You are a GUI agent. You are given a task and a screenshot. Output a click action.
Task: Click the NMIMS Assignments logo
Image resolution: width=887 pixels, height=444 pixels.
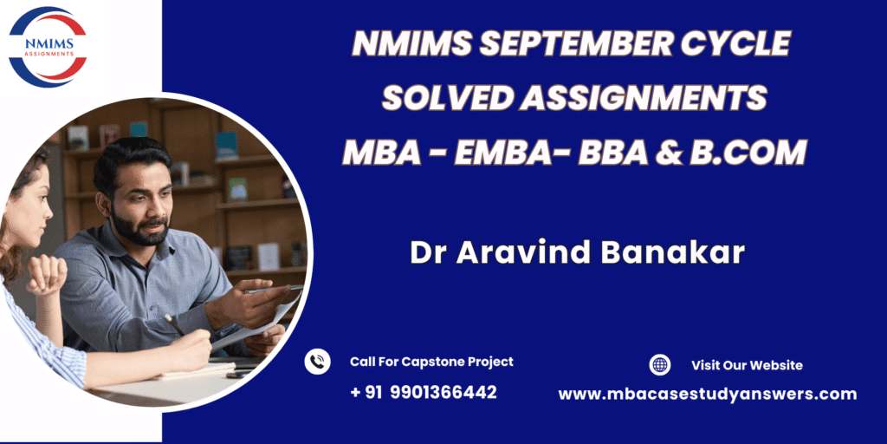coord(48,47)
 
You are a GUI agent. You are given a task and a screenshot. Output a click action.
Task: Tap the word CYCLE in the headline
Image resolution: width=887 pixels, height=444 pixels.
coord(735,43)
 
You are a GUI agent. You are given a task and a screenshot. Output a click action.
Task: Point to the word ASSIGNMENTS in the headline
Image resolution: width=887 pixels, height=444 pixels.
coord(644,98)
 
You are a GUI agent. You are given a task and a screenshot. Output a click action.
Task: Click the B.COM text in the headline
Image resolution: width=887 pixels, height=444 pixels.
coord(748,153)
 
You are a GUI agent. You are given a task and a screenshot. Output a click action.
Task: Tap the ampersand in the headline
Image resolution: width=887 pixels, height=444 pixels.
coord(669,153)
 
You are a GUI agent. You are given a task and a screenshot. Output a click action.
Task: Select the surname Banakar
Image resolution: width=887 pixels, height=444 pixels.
coord(672,252)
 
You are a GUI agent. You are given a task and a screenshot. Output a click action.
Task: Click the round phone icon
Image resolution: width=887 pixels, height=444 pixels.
coord(317,362)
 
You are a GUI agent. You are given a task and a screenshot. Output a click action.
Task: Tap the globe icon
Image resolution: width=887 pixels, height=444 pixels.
coord(659,365)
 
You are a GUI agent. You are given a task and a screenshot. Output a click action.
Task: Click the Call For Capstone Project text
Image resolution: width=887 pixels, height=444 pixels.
coord(431,362)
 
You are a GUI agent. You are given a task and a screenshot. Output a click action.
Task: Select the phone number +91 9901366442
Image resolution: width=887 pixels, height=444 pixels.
coord(423,392)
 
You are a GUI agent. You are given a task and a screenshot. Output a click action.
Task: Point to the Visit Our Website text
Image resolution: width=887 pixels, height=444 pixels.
coord(747,365)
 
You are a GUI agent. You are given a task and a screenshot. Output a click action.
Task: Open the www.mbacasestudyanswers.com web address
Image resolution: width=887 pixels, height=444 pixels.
coord(708,395)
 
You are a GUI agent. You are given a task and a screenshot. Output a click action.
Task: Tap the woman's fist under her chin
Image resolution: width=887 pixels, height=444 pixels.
coord(46,275)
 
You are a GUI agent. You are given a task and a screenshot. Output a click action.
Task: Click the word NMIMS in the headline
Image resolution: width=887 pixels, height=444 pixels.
coord(411,43)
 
